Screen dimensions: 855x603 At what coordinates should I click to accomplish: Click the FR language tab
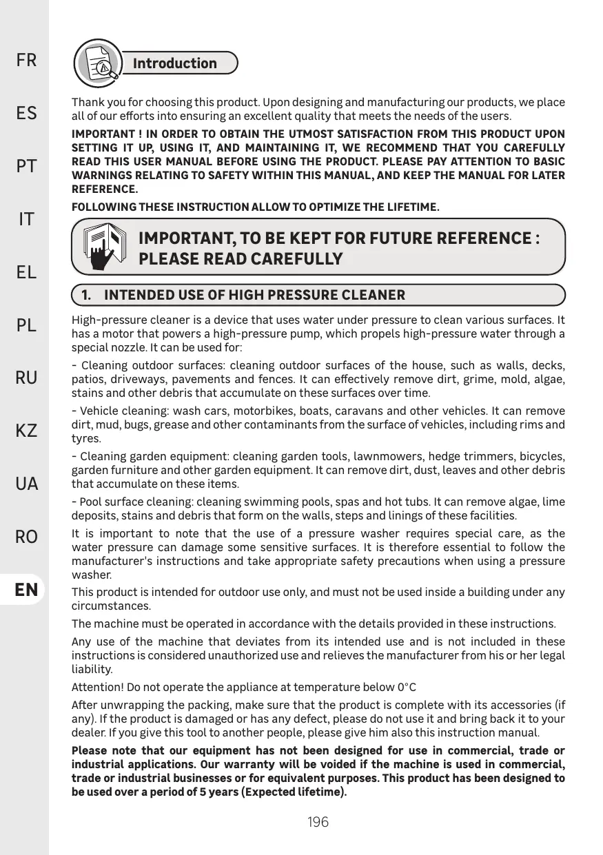click(27, 61)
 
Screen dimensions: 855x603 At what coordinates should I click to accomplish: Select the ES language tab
click(27, 113)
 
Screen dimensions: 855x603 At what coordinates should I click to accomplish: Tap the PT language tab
click(27, 166)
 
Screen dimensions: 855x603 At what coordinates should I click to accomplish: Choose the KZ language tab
click(27, 431)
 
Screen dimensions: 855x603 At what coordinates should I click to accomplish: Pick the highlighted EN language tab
click(27, 590)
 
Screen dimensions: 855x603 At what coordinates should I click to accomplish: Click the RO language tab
click(27, 537)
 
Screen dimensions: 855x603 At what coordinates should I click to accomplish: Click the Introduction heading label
click(174, 63)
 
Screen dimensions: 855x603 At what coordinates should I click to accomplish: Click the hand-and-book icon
click(101, 247)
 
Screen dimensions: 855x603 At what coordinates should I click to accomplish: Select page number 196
click(318, 822)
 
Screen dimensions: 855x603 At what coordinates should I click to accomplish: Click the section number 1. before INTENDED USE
click(88, 296)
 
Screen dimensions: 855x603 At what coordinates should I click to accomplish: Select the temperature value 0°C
click(407, 687)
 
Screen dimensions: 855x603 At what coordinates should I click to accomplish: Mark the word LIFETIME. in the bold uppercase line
click(411, 207)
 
